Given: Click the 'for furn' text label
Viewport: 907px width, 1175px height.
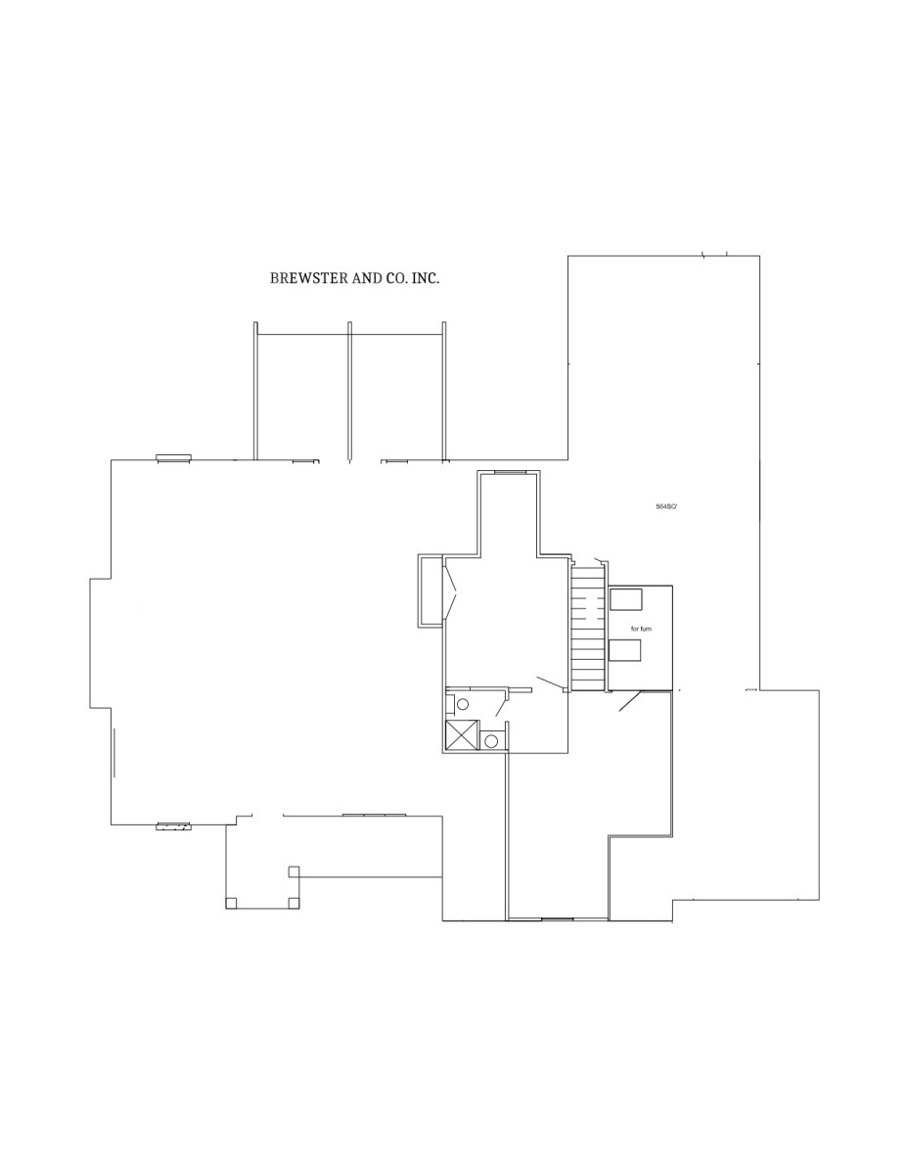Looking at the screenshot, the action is [641, 629].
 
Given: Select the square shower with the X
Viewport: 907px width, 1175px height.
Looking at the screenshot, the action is [463, 735].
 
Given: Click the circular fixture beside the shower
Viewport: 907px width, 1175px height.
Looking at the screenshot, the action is [490, 741].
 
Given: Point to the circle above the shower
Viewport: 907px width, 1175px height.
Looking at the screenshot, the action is [463, 704].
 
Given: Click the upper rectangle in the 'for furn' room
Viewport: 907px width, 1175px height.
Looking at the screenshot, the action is [626, 599].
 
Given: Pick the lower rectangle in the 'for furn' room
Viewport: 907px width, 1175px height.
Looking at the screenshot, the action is [624, 650].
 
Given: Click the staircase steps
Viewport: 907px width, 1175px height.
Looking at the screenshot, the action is [588, 628].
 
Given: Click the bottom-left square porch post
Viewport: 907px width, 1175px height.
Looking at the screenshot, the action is [231, 903].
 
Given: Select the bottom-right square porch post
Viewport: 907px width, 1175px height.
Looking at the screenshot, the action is [294, 903].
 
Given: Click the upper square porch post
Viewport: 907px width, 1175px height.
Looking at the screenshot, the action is [294, 871].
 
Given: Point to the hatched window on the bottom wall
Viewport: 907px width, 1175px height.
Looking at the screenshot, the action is [174, 826].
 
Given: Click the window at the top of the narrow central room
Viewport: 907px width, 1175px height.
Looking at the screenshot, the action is [511, 473].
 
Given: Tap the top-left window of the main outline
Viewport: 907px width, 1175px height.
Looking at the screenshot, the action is [174, 457].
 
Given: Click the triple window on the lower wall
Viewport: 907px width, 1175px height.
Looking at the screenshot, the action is [374, 815].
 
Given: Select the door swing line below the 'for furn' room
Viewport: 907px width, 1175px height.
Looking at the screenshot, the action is [630, 701].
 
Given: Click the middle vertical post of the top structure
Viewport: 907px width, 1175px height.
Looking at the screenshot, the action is [349, 392].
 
